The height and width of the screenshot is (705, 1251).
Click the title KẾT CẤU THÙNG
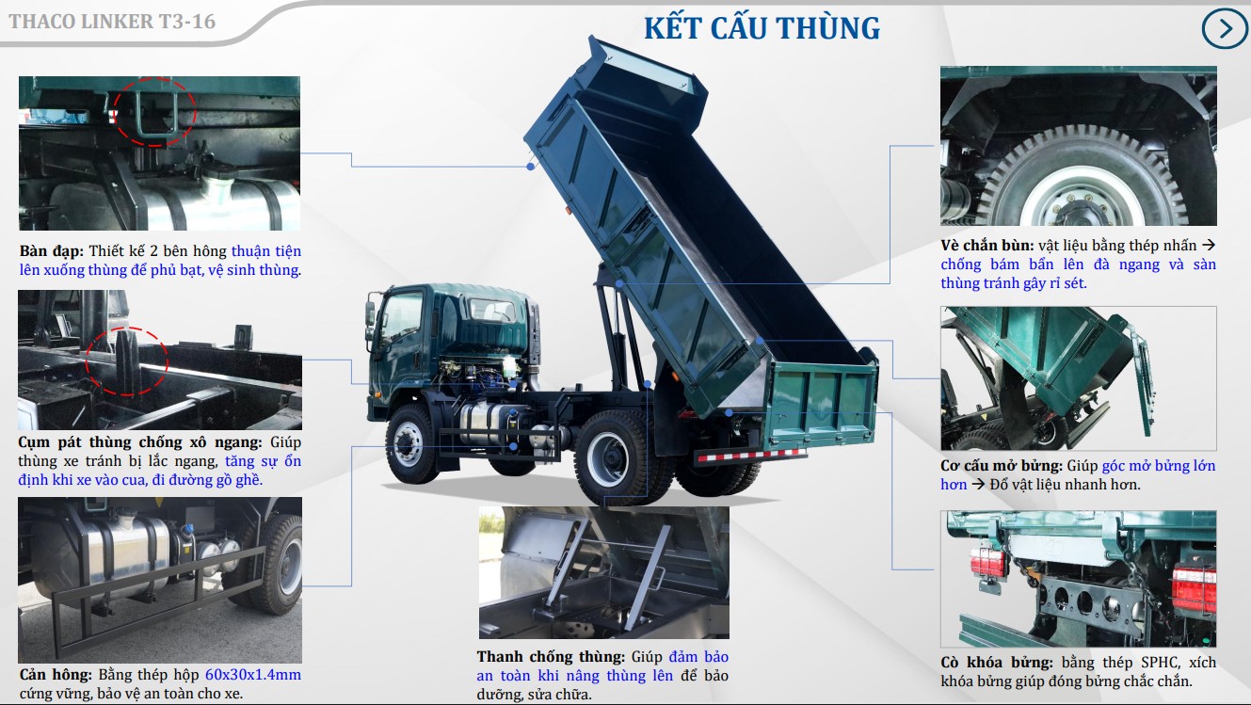(762, 27)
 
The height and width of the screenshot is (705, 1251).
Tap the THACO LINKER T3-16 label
(112, 21)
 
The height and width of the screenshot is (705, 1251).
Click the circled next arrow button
(1225, 29)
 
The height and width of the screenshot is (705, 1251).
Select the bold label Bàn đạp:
(52, 251)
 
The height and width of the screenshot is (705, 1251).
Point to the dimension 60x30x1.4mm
(252, 675)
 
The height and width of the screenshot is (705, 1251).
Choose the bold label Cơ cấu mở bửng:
(1002, 466)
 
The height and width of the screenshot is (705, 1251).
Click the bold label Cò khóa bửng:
(997, 662)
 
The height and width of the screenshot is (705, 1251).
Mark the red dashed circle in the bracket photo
(127, 359)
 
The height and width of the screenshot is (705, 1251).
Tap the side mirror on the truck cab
(371, 312)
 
